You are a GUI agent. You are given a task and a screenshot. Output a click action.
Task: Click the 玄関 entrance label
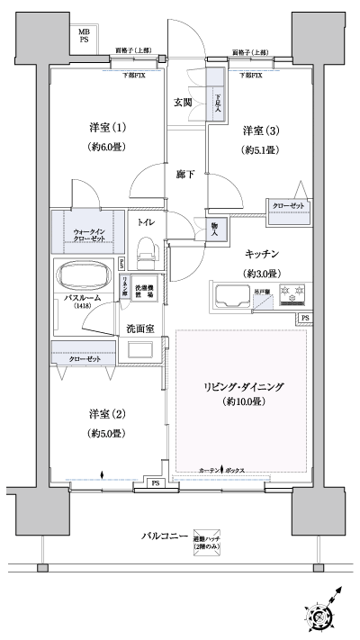[183, 103]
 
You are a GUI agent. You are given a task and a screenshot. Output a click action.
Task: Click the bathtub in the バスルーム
[85, 275]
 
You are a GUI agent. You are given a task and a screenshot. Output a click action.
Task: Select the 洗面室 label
[142, 329]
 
